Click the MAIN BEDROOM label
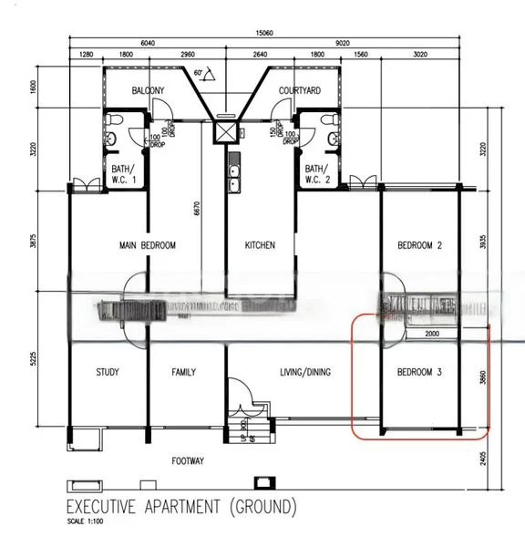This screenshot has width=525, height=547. (x=147, y=245)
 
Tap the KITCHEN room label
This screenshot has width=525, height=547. (x=260, y=245)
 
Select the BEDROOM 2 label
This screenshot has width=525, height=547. (x=419, y=245)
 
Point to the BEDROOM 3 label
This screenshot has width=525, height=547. (x=419, y=372)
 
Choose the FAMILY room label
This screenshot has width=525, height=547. (x=186, y=372)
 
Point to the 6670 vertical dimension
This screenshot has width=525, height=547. (x=195, y=208)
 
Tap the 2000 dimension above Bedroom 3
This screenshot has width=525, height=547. (x=431, y=335)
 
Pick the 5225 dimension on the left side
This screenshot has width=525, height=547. (x=33, y=359)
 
